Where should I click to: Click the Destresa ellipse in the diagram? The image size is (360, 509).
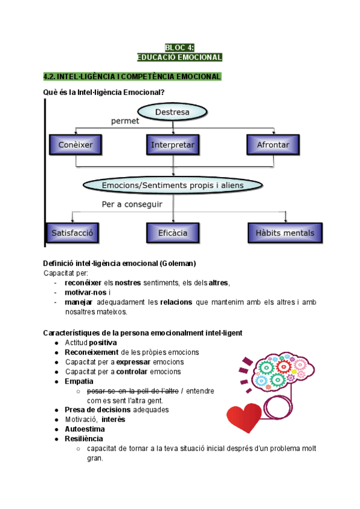click(x=172, y=112)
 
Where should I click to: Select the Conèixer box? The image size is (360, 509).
click(x=75, y=145)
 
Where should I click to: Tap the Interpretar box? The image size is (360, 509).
click(x=173, y=145)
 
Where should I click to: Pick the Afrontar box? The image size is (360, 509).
click(x=273, y=145)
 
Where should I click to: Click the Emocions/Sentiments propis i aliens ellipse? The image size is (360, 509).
click(x=173, y=185)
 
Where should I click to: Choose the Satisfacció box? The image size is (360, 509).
click(x=72, y=232)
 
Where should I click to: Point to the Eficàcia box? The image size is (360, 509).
click(x=173, y=232)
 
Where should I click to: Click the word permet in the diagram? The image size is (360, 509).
click(x=125, y=121)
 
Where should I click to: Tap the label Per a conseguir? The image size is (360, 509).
click(x=131, y=205)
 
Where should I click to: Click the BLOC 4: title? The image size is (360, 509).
click(x=179, y=47)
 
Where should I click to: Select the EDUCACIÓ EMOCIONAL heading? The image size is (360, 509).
click(x=179, y=58)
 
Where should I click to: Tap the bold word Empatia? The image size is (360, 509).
click(x=79, y=381)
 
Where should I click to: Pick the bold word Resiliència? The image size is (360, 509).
click(x=83, y=439)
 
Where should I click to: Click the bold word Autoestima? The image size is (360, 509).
click(x=85, y=429)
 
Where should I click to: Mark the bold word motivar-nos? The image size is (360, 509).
click(x=86, y=293)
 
